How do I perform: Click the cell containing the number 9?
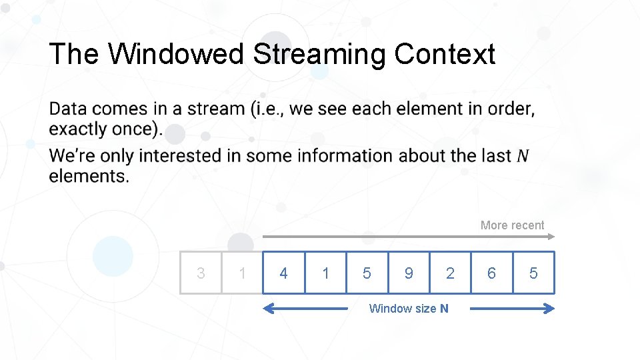tap(409, 273)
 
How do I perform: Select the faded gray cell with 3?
tap(201, 273)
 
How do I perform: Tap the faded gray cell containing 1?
tap(242, 273)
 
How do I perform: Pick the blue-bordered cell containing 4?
tap(284, 273)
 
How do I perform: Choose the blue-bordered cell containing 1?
tap(325, 273)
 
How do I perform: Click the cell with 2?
tap(450, 273)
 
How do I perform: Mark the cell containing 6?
tap(491, 273)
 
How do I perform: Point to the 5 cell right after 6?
tap(533, 273)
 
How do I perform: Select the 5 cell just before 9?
tap(367, 273)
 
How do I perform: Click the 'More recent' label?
tap(512, 225)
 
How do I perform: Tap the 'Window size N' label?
tap(409, 308)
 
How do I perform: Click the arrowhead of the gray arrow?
tap(551, 236)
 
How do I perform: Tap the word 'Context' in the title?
tap(444, 55)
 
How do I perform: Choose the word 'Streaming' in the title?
tap(319, 55)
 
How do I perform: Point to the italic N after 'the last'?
tap(523, 156)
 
